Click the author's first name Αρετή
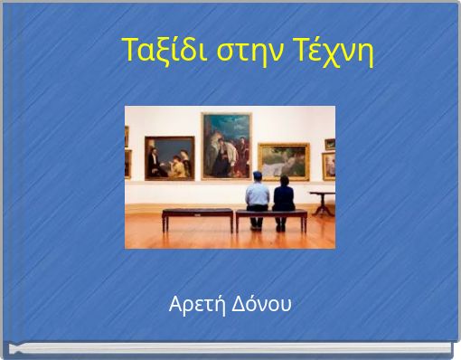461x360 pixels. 193,304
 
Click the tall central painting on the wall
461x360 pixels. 226,145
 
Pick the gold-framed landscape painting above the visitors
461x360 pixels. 283,161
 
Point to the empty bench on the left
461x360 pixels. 197,213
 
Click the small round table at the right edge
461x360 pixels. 323,194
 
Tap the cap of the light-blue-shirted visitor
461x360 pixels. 258,175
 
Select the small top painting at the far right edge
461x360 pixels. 330,143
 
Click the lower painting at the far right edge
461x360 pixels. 329,166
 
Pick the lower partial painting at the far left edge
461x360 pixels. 127,164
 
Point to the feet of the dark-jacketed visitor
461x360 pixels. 281,227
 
